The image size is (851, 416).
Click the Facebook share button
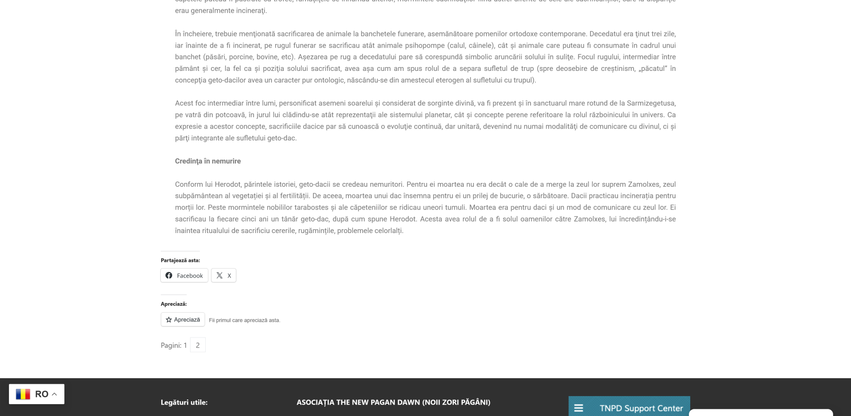coord(184,276)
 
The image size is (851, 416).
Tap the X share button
coord(224,276)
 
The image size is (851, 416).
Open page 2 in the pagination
coord(198,345)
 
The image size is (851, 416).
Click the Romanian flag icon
coord(23,394)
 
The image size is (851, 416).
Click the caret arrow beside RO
coord(54,394)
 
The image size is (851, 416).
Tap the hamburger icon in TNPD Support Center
coord(579,408)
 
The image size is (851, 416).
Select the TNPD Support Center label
coord(641,408)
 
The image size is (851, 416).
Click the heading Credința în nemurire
coord(208,161)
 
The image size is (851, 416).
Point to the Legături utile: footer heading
coord(184,402)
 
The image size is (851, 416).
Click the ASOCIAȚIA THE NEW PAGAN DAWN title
coord(393,402)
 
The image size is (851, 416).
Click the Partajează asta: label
coord(180,260)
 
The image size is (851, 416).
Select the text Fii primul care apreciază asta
coord(244,321)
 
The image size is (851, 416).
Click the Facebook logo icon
coord(169,276)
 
